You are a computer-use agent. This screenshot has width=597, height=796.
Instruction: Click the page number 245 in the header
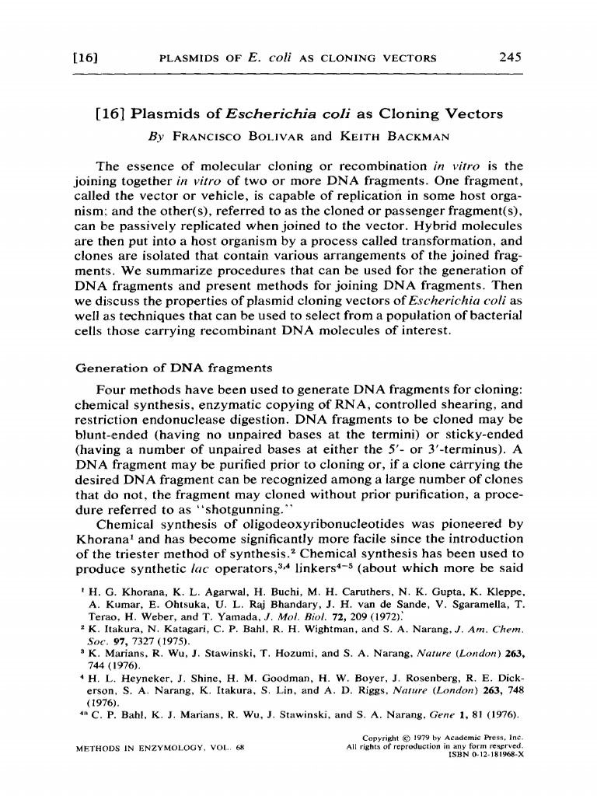[x=511, y=57]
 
